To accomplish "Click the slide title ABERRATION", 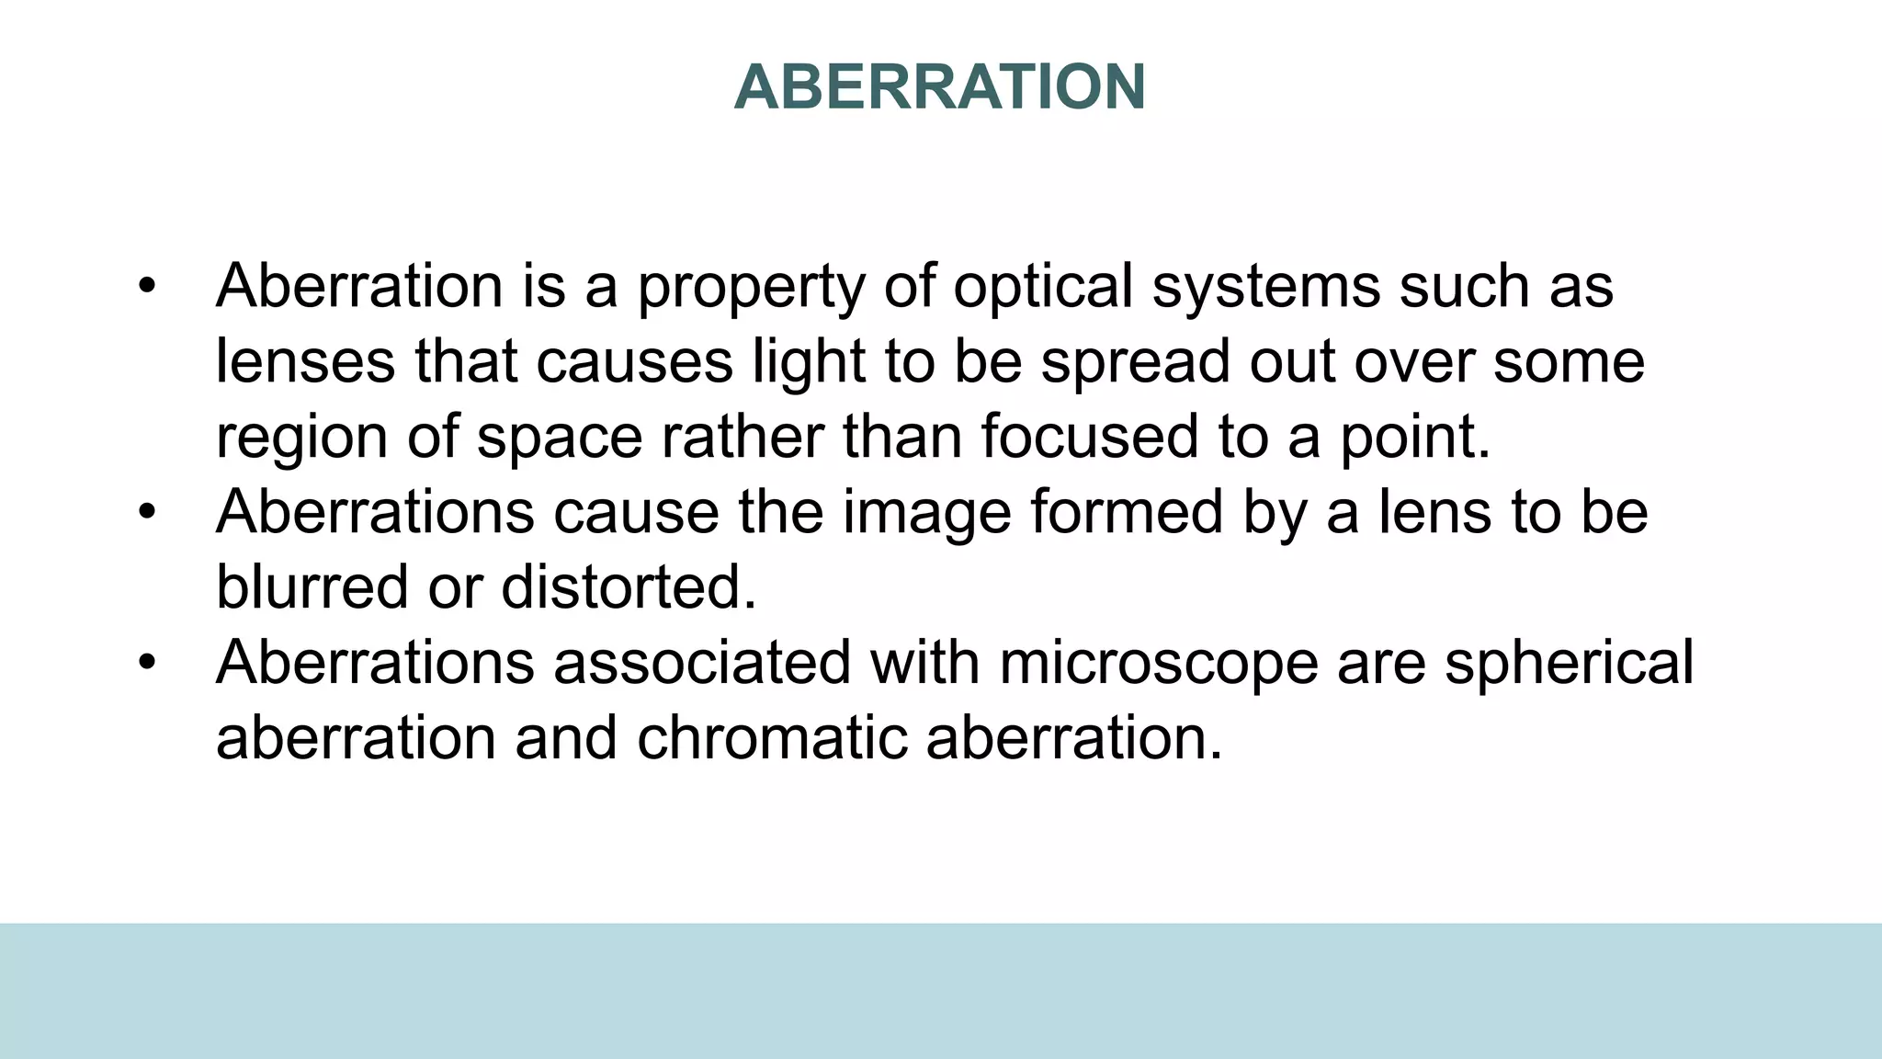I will coord(939,87).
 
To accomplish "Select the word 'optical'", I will coord(1042,286).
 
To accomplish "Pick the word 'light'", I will coord(809,363).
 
